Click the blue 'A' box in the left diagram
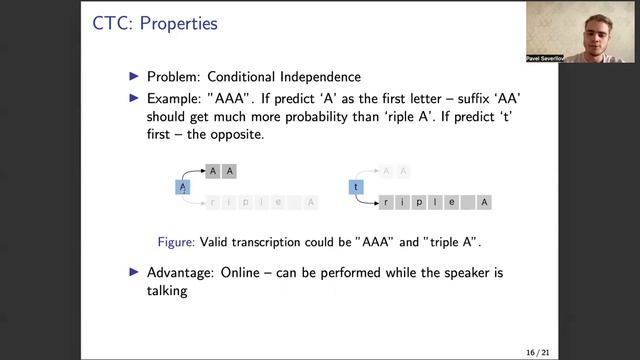pyautogui.click(x=182, y=187)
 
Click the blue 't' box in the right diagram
pyautogui.click(x=354, y=187)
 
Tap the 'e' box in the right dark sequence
pyautogui.click(x=452, y=203)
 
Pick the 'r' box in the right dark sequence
pyautogui.click(x=385, y=203)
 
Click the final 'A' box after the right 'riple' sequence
pyautogui.click(x=485, y=203)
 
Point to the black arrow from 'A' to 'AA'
pyautogui.click(x=194, y=174)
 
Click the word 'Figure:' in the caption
pyautogui.click(x=177, y=241)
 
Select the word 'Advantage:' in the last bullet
pyautogui.click(x=182, y=273)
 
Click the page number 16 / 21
pyautogui.click(x=541, y=352)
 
